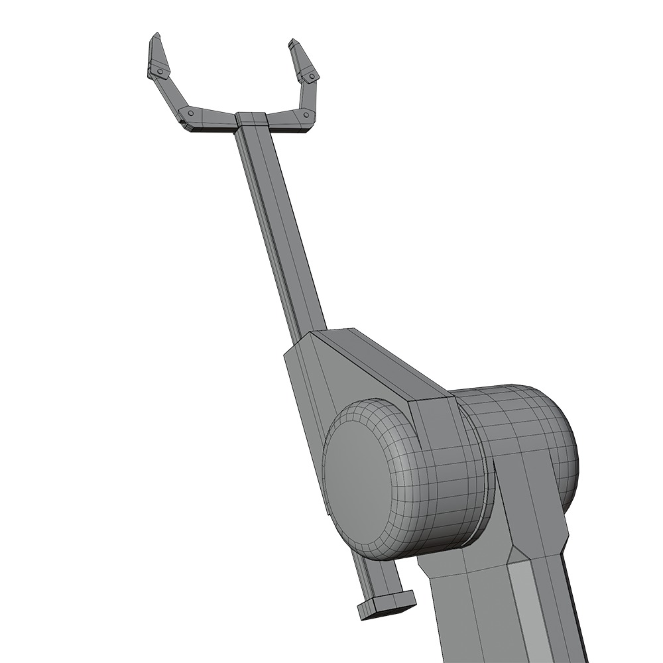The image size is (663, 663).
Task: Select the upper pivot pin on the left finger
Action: [159, 71]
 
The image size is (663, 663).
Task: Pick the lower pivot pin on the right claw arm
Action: [306, 115]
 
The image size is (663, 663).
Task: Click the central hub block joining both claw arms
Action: [251, 120]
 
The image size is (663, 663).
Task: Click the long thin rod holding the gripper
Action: [278, 225]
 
